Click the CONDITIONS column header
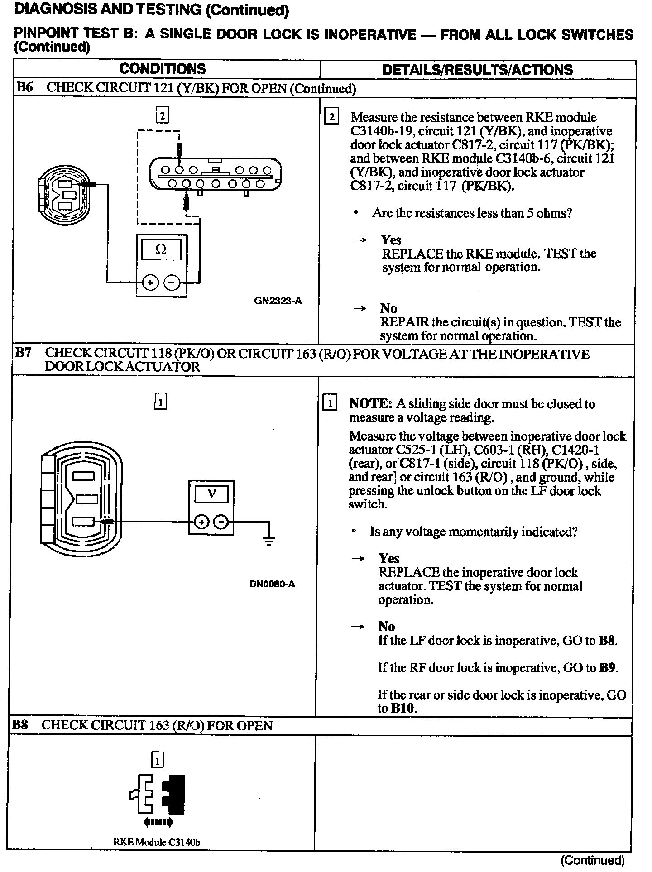pos(163,69)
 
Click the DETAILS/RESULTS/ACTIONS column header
pos(477,70)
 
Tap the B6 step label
pos(24,87)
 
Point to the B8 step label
pos(19,725)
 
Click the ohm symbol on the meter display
pos(161,249)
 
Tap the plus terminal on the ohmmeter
pos(150,283)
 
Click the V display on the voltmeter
pos(211,494)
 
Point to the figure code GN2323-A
pos(278,301)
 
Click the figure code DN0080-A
pos(272,584)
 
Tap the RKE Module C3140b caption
pos(157,842)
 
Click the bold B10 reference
pos(403,708)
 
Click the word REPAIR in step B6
pos(404,322)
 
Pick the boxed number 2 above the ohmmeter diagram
pos(162,115)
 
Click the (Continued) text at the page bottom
pos(593,860)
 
